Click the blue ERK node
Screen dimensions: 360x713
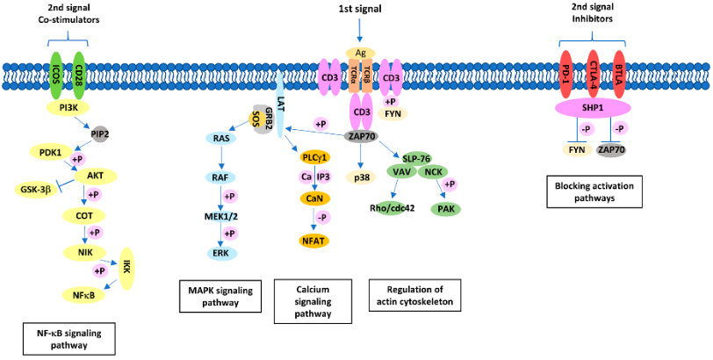click(x=220, y=252)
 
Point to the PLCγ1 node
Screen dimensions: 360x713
click(x=315, y=157)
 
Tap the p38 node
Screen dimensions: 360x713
click(x=362, y=176)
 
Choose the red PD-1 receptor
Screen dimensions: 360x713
click(x=568, y=71)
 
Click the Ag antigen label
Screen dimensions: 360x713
click(x=361, y=53)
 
